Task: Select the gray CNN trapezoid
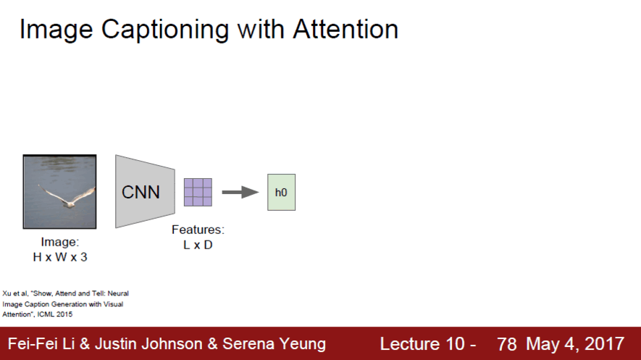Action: point(144,192)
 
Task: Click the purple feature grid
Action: point(198,192)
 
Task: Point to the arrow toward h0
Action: point(240,192)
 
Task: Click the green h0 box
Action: point(281,192)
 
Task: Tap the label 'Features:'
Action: point(198,230)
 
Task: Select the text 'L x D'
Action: point(198,245)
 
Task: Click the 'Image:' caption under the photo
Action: point(59,242)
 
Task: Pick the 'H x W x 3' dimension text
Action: point(59,256)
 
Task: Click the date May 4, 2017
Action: point(575,344)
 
